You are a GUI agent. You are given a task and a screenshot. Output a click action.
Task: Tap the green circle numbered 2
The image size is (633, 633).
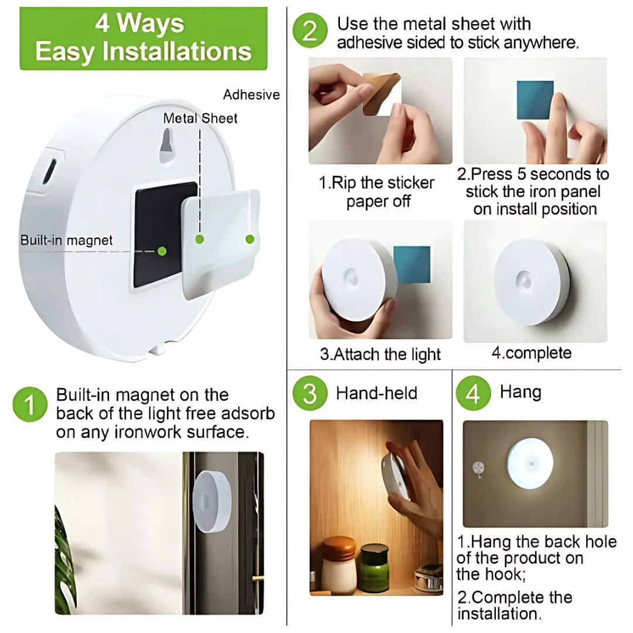(310, 31)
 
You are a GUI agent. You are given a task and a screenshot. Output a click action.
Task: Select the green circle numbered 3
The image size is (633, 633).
(310, 393)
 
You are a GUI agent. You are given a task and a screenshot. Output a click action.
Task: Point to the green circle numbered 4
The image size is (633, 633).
(473, 393)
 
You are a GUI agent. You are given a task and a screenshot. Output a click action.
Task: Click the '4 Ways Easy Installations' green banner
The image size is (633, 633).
(143, 38)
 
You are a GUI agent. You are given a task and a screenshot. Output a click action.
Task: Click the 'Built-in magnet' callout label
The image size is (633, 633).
(67, 240)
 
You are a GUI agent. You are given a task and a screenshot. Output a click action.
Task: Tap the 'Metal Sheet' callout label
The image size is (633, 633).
(200, 118)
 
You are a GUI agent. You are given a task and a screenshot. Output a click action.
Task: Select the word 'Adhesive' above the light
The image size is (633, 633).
(251, 95)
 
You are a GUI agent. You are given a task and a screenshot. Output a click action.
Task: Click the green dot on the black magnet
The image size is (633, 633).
(162, 251)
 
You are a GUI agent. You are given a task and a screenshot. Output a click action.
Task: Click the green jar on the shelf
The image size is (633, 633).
(373, 567)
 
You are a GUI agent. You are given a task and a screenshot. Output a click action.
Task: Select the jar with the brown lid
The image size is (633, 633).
(339, 564)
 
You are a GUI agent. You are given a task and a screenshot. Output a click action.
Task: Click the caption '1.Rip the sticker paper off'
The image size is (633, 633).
(376, 192)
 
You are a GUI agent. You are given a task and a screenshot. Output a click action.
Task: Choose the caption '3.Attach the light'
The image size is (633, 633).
(380, 355)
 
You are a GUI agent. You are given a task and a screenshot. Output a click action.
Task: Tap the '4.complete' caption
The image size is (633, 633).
(531, 353)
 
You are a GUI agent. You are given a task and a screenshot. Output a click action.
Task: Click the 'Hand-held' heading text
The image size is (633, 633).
(376, 393)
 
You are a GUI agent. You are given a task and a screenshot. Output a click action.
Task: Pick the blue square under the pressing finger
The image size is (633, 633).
(535, 100)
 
